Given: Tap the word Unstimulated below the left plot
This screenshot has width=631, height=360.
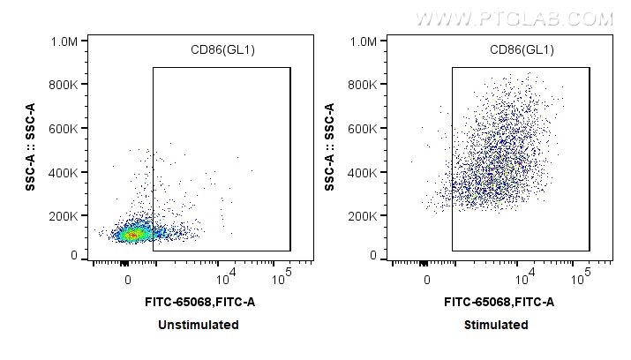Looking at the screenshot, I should pos(198,325).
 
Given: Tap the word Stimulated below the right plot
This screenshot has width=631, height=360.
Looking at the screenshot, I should pos(497,325).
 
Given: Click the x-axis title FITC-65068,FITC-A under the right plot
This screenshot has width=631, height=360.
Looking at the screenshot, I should pos(500,303).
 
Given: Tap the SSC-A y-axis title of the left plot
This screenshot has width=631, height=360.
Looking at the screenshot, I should pos(30,147).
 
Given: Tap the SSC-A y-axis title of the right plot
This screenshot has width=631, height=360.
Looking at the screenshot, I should pos(329,147).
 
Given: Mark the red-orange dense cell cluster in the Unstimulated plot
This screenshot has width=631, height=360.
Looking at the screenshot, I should pos(131,236).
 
